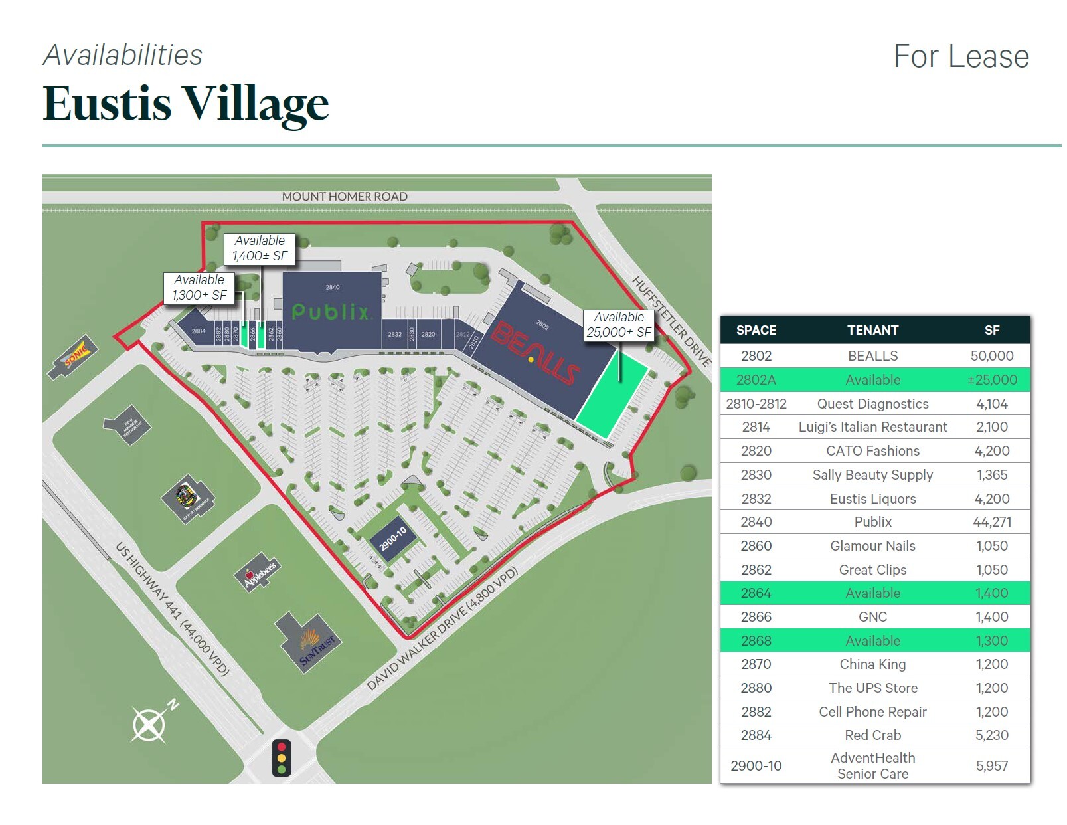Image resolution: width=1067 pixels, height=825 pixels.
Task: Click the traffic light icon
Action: point(282,757)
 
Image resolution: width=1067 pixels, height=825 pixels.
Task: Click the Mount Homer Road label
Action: point(344,197)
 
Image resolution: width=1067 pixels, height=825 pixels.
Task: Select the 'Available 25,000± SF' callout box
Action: point(619,325)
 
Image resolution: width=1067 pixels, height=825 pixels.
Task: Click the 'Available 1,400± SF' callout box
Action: point(260,248)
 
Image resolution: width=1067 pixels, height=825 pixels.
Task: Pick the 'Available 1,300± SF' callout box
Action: point(199,288)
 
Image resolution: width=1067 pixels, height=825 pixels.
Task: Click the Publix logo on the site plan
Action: point(330,312)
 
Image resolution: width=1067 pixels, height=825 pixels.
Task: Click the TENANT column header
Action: point(872,330)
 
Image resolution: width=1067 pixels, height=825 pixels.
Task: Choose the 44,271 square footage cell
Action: point(991,522)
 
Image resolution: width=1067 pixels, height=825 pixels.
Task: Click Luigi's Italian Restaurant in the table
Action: point(872,427)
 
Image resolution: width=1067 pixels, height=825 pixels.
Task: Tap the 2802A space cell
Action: point(756,380)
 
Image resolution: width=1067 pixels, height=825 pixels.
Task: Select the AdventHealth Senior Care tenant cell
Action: point(872,765)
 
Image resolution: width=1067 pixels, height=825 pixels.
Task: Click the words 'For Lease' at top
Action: point(961,56)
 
